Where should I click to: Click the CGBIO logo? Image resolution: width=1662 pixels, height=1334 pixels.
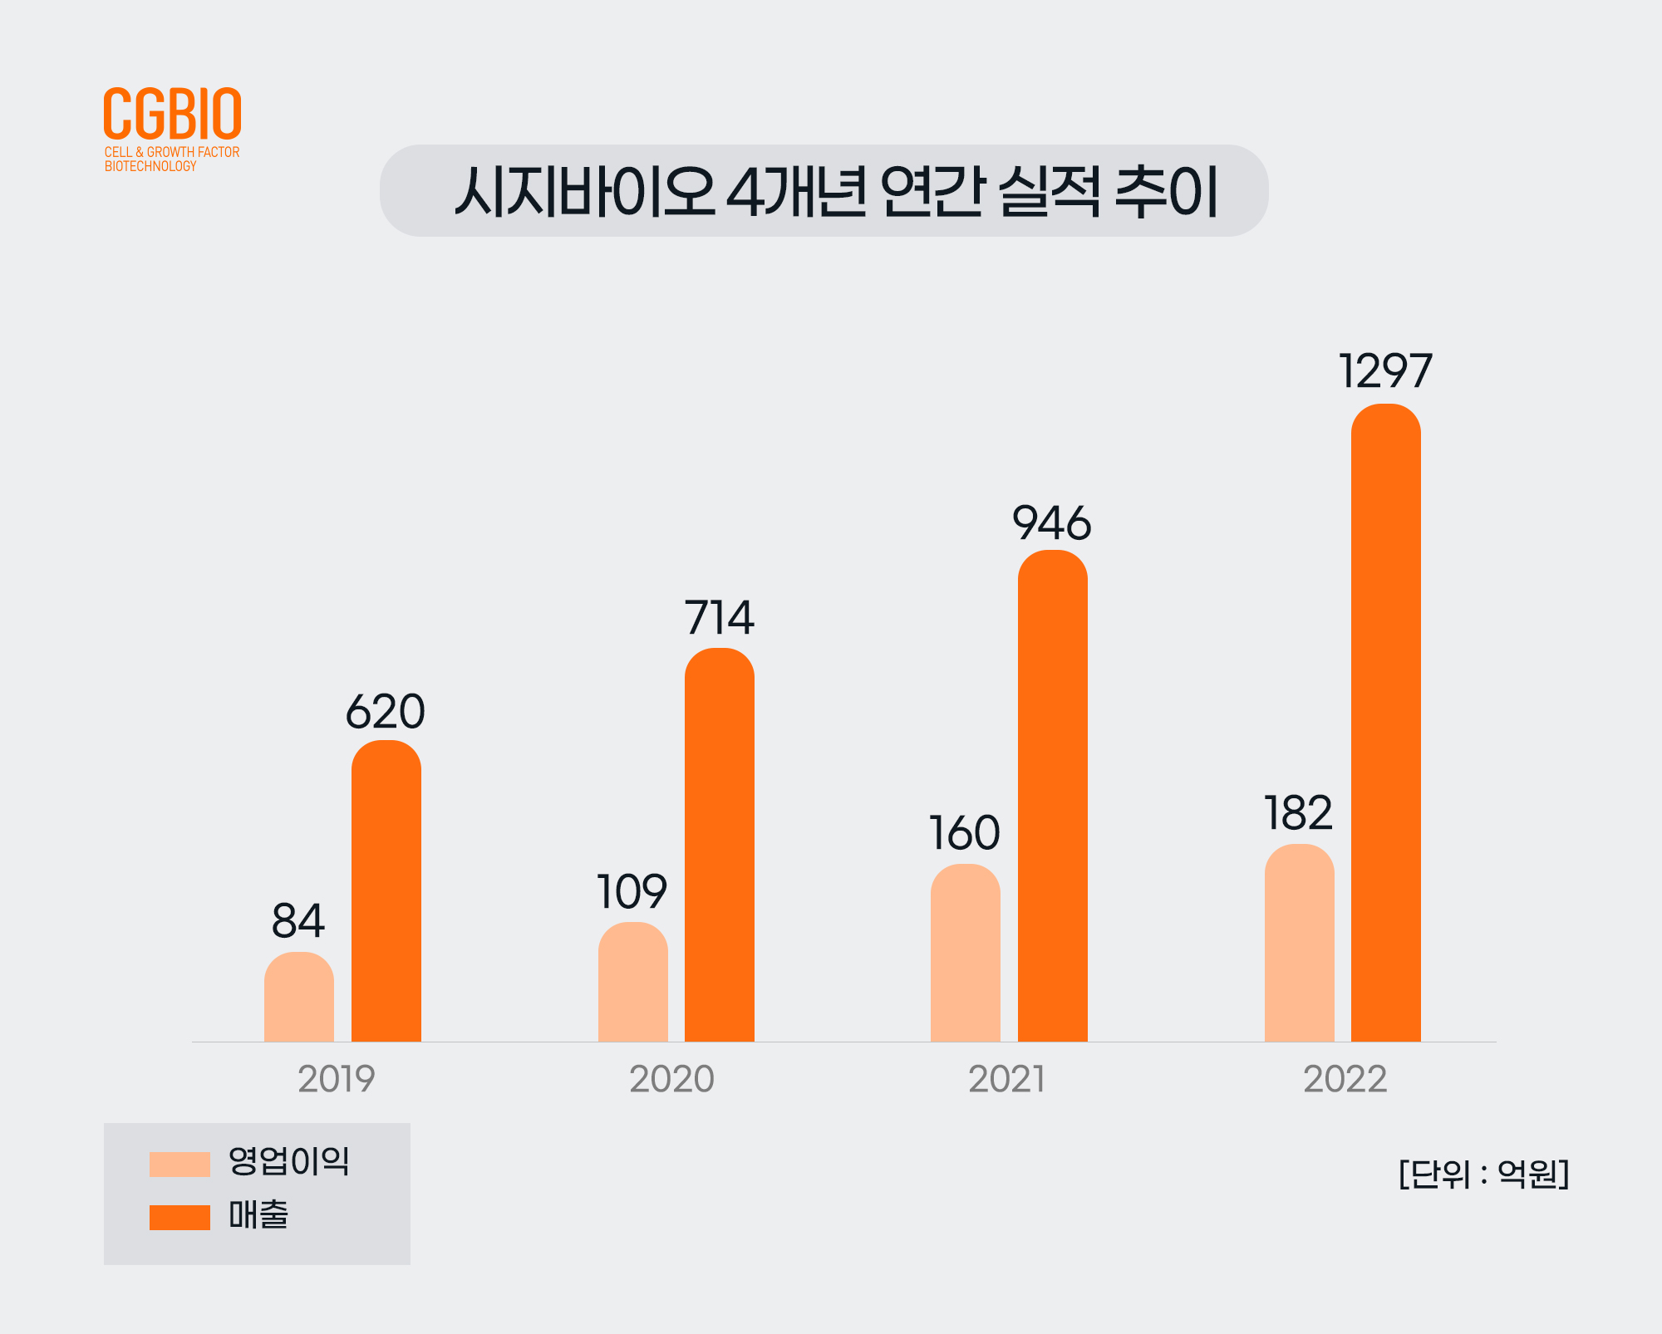click(x=172, y=115)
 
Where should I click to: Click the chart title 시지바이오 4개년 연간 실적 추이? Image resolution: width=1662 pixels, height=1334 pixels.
click(x=834, y=192)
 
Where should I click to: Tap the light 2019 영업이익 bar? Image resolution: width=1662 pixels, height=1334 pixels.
click(x=299, y=997)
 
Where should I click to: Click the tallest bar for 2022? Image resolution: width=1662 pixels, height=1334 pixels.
click(x=1385, y=723)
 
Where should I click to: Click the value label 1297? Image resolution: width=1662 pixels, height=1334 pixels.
click(x=1385, y=370)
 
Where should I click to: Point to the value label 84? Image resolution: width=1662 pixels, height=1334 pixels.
click(x=298, y=920)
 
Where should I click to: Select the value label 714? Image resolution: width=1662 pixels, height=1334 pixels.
click(x=719, y=617)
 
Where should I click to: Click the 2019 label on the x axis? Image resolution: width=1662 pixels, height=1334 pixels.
click(x=337, y=1079)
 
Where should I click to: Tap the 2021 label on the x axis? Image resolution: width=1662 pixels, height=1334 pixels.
click(x=1006, y=1079)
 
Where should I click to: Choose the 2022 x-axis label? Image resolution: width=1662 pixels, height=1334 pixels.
click(x=1345, y=1079)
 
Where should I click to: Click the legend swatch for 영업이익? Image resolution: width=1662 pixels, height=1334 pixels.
click(x=179, y=1164)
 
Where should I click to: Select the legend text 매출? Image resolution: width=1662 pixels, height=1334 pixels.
click(x=258, y=1215)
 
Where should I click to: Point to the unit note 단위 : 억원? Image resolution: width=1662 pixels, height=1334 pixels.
click(x=1483, y=1174)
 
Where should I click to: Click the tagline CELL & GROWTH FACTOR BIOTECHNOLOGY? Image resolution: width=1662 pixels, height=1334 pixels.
click(x=171, y=159)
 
